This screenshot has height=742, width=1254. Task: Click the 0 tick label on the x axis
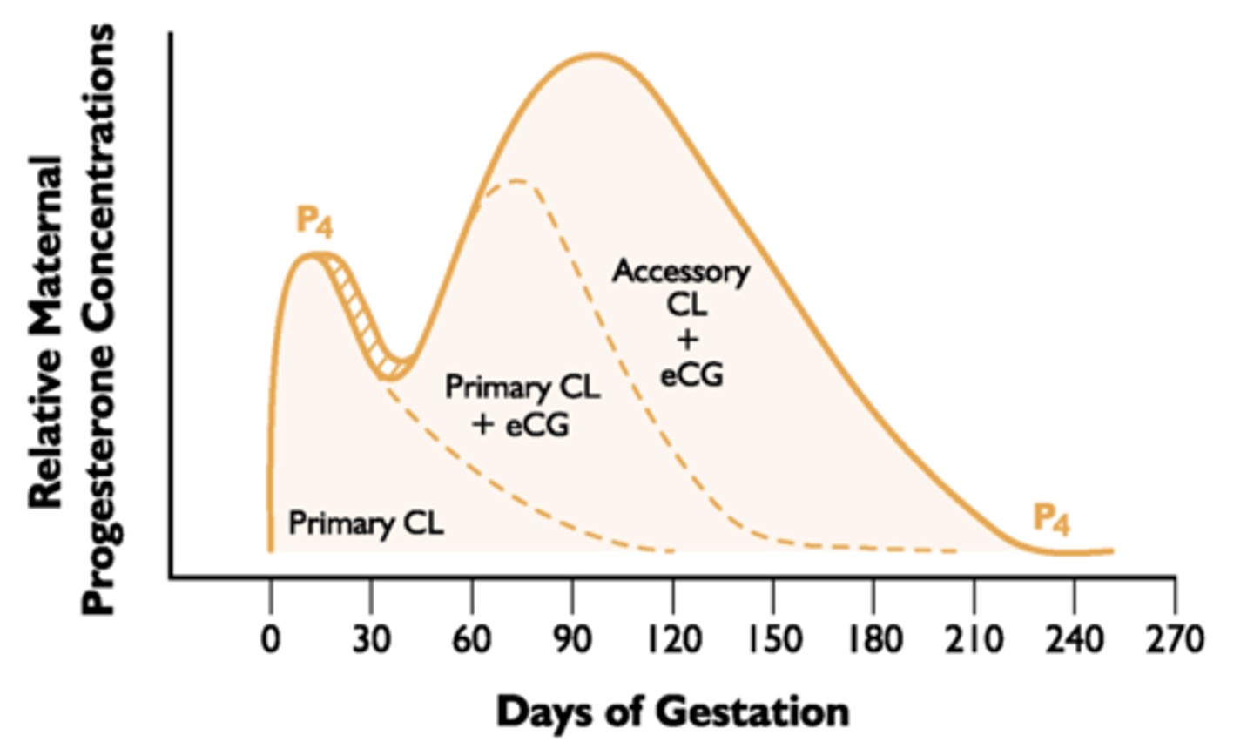(x=271, y=639)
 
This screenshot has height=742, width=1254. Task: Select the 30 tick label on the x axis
(x=371, y=639)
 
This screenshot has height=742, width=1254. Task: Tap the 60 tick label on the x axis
(x=472, y=639)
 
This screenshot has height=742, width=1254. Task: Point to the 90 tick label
(x=572, y=639)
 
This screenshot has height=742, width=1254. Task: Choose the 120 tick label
(x=672, y=639)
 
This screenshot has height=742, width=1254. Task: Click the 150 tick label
(x=772, y=639)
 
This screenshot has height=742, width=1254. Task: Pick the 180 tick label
(x=873, y=639)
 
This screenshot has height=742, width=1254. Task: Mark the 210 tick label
(x=974, y=639)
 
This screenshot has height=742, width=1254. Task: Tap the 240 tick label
(x=1074, y=639)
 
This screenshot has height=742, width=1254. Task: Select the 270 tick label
(x=1175, y=639)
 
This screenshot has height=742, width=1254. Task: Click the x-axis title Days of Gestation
(x=672, y=712)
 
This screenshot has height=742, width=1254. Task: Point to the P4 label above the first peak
(x=314, y=221)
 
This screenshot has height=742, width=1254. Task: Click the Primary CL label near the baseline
(x=366, y=524)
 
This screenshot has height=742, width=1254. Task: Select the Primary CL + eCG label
(x=522, y=405)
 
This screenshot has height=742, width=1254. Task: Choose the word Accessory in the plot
(x=681, y=271)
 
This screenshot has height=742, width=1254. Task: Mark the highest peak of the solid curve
(x=597, y=56)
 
